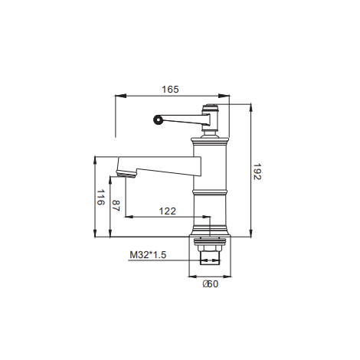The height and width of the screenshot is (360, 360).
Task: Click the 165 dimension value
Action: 170,90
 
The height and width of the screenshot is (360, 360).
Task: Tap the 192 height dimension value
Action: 257,172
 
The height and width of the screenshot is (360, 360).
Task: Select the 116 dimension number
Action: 100,197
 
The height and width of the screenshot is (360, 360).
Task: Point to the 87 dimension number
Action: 116,206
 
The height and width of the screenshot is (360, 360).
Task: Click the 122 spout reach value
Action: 168,211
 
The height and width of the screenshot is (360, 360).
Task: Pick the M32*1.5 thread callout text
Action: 148,254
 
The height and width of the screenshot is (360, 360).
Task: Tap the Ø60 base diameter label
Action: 211,284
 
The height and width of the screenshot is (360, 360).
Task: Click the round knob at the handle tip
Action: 158,119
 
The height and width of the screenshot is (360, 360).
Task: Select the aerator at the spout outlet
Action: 126,174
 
